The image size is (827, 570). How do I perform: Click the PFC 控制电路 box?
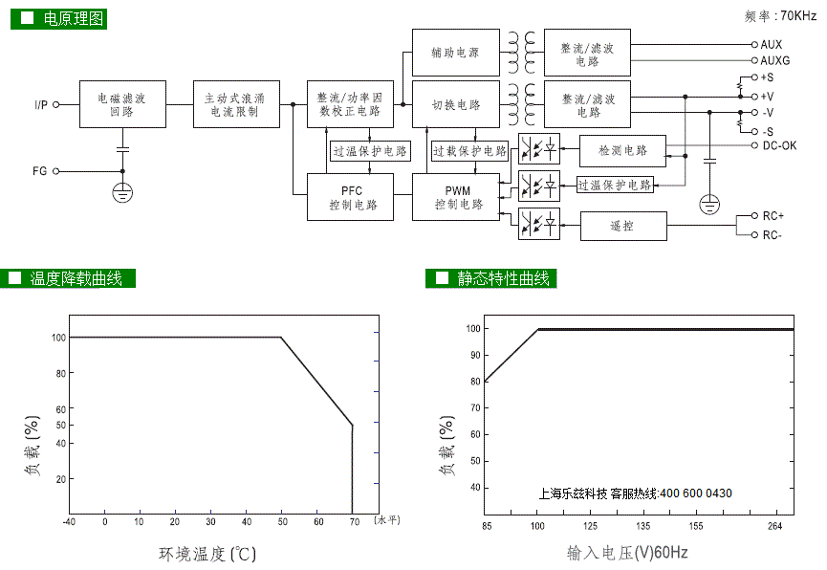pyautogui.click(x=350, y=197)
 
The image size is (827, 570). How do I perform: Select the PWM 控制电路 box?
pyautogui.click(x=456, y=197)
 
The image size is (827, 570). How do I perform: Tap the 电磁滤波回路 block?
pyautogui.click(x=123, y=104)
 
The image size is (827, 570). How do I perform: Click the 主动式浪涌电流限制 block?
pyautogui.click(x=236, y=104)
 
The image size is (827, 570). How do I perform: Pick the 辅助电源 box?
pyautogui.click(x=456, y=53)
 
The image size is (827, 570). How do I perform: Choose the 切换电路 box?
pyautogui.click(x=456, y=104)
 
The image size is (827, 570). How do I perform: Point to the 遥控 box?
pyautogui.click(x=623, y=226)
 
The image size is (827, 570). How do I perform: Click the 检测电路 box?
pyautogui.click(x=622, y=151)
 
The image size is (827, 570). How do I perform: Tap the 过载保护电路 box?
pyautogui.click(x=469, y=151)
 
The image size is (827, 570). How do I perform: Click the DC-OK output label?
pyautogui.click(x=779, y=145)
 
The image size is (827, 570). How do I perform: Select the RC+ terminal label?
pyautogui.click(x=773, y=216)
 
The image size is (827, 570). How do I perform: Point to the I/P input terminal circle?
pyautogui.click(x=55, y=104)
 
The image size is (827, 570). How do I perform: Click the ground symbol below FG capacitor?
pyautogui.click(x=122, y=192)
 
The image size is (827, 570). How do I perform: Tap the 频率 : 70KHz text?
pyautogui.click(x=780, y=16)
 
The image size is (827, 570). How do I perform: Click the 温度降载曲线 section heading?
pyautogui.click(x=76, y=278)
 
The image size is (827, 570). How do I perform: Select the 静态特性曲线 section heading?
pyautogui.click(x=503, y=278)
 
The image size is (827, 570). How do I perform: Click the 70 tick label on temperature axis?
pyautogui.click(x=355, y=522)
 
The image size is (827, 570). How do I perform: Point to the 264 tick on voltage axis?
pyautogui.click(x=774, y=526)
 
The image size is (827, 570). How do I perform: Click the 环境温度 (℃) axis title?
pyautogui.click(x=207, y=554)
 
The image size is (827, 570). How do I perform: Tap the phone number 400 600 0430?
pyautogui.click(x=696, y=493)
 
